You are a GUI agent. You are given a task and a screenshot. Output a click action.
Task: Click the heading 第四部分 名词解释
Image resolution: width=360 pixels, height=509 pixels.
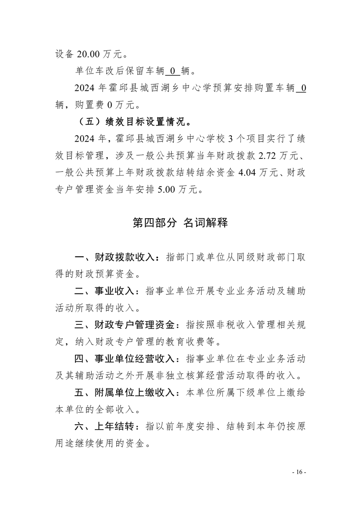click(180, 222)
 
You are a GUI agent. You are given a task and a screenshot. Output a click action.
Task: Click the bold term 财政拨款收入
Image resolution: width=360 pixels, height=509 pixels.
click(124, 257)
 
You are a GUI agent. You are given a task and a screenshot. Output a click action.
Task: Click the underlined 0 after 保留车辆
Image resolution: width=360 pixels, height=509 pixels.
click(173, 71)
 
